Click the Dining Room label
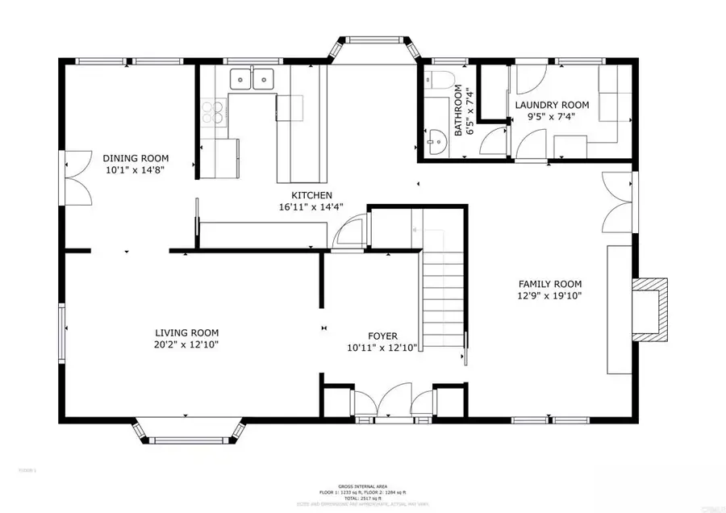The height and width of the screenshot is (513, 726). pos(135,158)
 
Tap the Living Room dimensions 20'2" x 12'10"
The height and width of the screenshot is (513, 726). pos(186,344)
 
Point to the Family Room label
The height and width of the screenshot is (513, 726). pos(549,284)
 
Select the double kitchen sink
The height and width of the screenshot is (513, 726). pos(252,79)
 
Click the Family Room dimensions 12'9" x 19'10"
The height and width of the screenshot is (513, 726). pos(549,296)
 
